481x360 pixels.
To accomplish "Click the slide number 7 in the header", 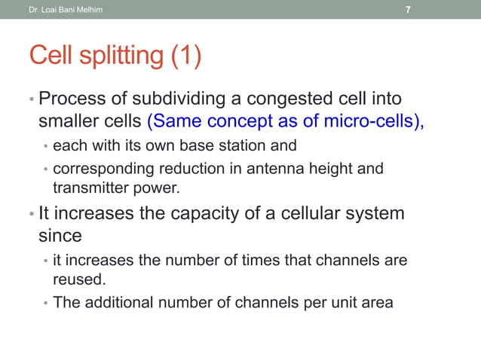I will pyautogui.click(x=408, y=10).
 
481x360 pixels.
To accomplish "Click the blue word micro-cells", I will pyautogui.click(x=375, y=121).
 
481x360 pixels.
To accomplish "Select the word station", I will pyautogui.click(x=246, y=145).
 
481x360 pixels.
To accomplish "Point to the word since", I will pyautogui.click(x=60, y=236).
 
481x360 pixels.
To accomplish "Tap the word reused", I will pyautogui.click(x=79, y=279).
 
